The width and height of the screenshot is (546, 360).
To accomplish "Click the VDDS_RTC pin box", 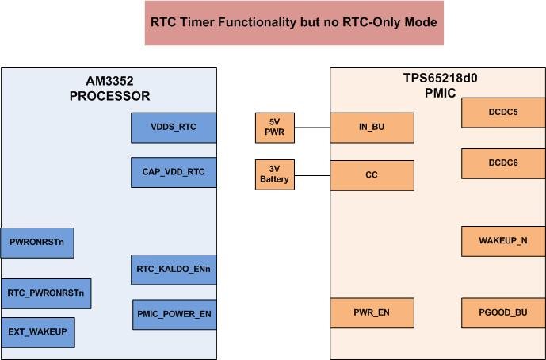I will point(174,127).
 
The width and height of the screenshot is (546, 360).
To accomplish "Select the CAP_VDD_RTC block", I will point(174,172).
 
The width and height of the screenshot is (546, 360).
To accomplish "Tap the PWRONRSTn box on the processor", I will point(37,242).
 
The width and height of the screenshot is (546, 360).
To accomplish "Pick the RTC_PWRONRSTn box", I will point(46,293).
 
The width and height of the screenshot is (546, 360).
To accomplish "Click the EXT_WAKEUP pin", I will point(37,332).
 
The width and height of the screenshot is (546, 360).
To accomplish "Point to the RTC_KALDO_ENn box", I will point(174,270).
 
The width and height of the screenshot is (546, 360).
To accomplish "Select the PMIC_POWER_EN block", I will point(174,314).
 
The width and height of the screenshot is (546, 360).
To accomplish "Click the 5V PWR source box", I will point(275,128).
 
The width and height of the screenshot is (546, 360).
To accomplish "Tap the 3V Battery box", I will point(275,174).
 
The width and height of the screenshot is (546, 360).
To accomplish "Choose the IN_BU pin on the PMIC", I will point(372,128).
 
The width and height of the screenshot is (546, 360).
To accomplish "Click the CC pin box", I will point(372,175).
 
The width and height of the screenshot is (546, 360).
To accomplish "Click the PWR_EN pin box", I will point(372,313).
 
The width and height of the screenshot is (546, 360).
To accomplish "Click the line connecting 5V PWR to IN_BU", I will point(312,128).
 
